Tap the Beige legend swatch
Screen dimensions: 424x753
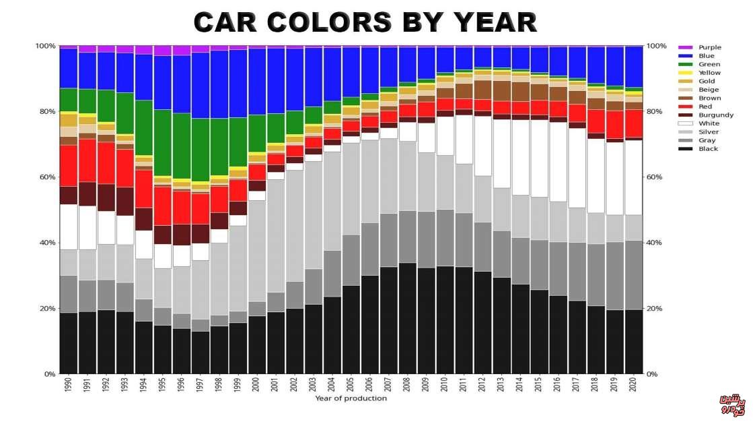(686, 90)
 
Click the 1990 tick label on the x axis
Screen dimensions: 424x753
(69, 386)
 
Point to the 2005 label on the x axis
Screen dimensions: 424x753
(351, 386)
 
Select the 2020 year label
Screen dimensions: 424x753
(634, 386)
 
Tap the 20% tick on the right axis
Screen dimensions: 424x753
(655, 309)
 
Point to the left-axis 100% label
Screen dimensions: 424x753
(44, 46)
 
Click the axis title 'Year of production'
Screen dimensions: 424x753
(351, 398)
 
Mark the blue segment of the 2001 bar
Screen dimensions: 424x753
(276, 81)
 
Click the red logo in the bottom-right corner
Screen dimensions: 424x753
(733, 404)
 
